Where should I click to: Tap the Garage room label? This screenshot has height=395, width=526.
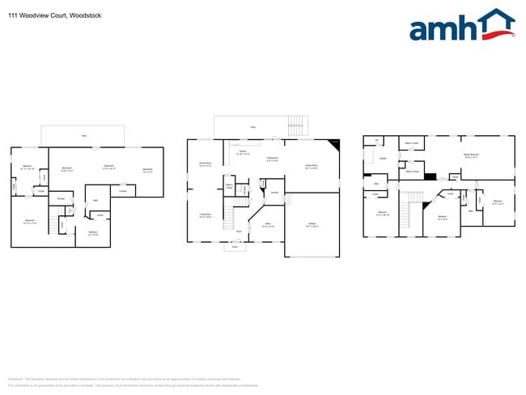tap(312, 225)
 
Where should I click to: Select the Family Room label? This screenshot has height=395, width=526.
tap(311, 166)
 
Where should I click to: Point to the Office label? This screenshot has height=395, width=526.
tap(268, 225)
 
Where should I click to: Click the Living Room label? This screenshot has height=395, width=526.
tap(205, 216)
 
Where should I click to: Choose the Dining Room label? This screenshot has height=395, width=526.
tap(205, 164)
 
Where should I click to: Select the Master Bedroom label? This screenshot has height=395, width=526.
tap(471, 155)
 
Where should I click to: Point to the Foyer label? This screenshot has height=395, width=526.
tap(239, 231)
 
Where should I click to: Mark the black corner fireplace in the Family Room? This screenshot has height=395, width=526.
tap(335, 145)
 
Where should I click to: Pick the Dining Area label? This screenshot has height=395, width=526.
tap(272, 160)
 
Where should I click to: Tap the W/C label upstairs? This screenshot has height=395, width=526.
tap(376, 141)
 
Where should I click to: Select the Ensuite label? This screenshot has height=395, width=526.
tap(383, 159)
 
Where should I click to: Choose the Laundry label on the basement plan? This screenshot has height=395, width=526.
tap(121, 191)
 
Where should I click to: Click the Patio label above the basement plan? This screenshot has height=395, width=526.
tap(83, 135)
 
